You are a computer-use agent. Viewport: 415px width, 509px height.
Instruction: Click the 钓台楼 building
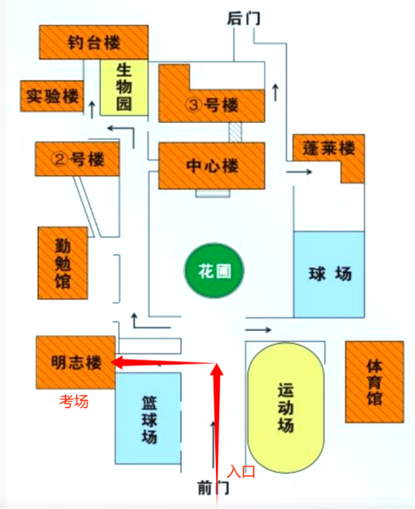94,43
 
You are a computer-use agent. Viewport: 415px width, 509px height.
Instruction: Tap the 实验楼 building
52,96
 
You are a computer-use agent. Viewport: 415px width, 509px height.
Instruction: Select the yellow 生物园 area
124,88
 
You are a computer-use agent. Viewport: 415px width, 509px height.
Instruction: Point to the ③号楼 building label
212,105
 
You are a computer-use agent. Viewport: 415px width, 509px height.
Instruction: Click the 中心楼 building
212,166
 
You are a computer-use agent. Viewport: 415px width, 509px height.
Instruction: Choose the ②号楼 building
77,159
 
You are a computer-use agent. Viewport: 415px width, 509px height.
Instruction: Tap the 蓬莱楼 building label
328,149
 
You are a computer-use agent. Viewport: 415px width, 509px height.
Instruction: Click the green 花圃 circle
214,271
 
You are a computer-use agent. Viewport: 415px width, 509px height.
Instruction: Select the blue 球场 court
329,275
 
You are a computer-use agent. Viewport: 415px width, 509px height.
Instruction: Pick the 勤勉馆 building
63,263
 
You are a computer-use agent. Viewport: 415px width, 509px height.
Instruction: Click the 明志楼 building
75,362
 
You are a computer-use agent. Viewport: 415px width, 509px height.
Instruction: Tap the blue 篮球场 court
148,418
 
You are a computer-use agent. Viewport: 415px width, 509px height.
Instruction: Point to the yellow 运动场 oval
286,408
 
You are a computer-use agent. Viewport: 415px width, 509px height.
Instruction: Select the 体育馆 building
374,382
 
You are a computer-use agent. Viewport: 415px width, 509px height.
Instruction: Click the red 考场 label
74,401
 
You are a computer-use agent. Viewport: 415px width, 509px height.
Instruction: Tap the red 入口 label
241,471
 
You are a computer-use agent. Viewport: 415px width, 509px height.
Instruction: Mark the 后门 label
243,18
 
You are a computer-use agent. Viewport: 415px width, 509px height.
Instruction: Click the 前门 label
214,488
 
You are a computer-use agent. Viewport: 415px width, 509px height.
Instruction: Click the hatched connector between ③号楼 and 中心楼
235,132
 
